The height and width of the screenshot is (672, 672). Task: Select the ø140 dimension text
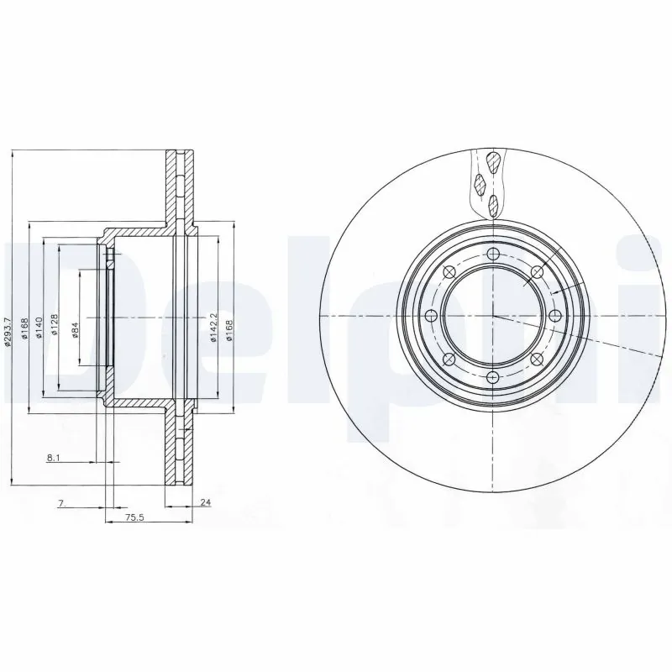[x=39, y=327]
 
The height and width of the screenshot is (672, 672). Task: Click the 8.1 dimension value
[x=53, y=459]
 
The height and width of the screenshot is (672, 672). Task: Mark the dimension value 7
[x=61, y=503]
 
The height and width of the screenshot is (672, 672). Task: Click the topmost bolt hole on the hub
[x=493, y=255]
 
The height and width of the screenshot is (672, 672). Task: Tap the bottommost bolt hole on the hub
[x=493, y=377]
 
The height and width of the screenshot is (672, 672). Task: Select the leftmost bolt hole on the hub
[x=432, y=316]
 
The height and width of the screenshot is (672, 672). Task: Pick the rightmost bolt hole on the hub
[x=554, y=316]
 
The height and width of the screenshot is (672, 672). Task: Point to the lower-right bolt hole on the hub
[x=537, y=360]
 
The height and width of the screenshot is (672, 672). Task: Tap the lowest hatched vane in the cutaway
[x=492, y=202]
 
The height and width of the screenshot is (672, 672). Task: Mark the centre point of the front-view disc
[x=493, y=316]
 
